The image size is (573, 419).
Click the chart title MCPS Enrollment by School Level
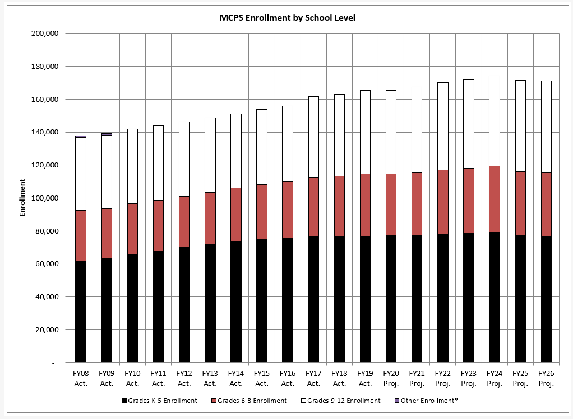coord(287,17)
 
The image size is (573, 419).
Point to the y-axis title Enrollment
coord(23,198)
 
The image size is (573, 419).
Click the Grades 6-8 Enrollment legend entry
coord(252,401)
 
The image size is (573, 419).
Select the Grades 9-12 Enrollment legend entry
coord(343,401)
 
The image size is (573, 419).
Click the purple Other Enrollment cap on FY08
coord(81,136)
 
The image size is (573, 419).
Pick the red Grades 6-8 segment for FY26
coord(546,204)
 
